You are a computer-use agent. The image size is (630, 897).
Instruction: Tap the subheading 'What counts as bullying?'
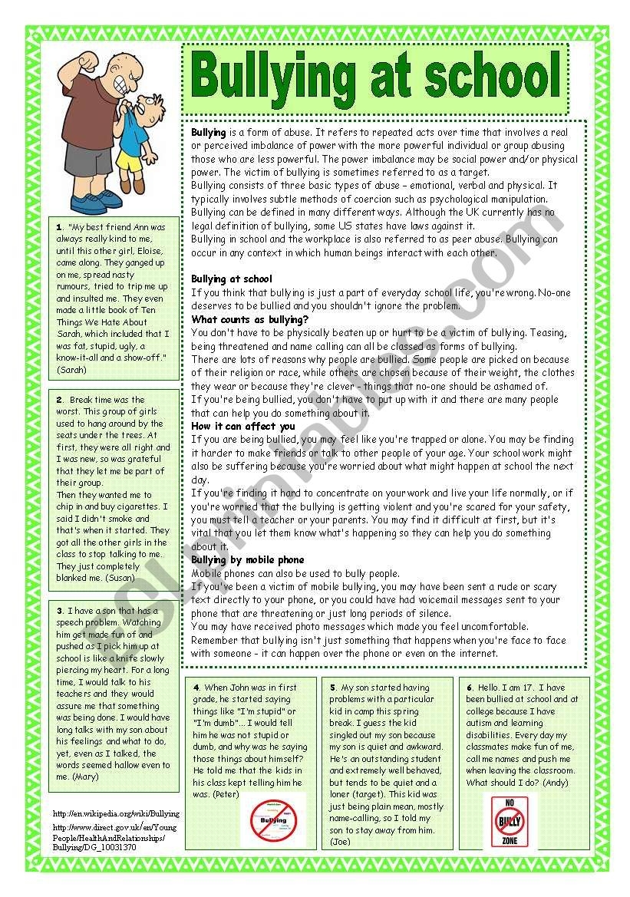pos(249,319)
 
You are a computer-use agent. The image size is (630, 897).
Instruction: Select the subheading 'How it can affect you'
pos(242,426)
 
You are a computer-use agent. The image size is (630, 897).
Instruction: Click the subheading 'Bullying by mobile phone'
pos(247,559)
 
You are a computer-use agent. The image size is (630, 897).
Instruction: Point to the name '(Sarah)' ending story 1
pos(72,369)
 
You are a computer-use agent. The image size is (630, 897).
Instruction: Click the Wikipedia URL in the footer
pos(116,813)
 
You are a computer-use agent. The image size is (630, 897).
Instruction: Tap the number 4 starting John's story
pos(197,688)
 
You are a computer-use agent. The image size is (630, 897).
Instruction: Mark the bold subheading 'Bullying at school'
pos(231,279)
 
